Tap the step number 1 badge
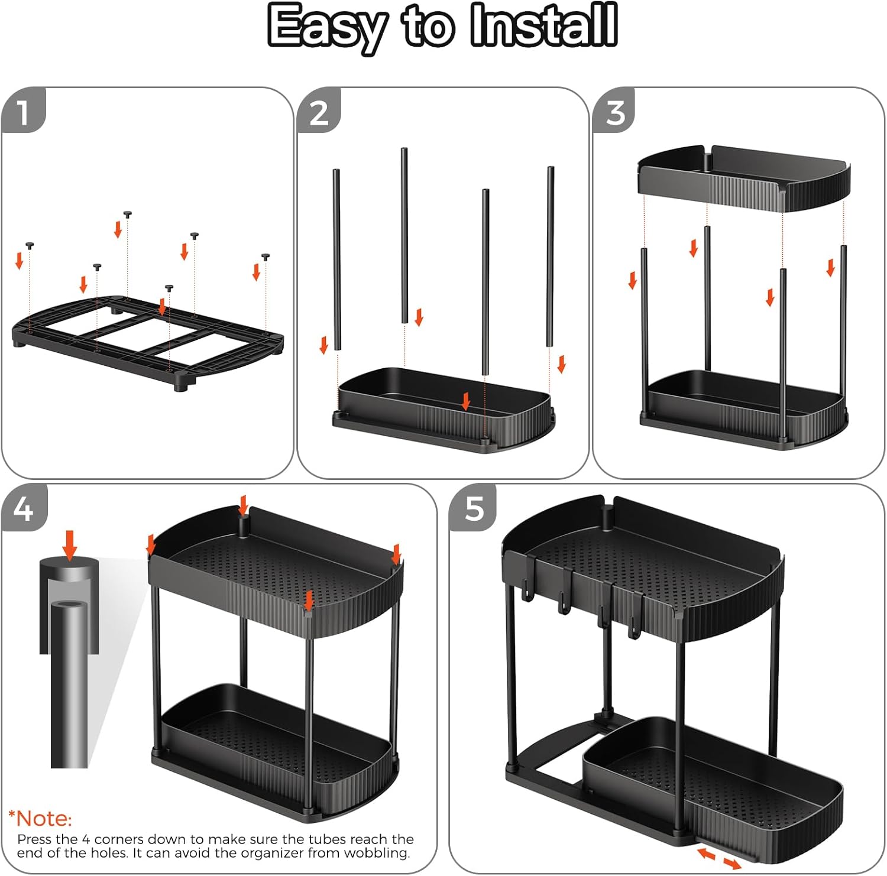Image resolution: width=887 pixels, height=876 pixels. tap(23, 112)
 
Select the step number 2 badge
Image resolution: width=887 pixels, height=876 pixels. tap(319, 112)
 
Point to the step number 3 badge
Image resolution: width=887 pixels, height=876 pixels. tap(615, 112)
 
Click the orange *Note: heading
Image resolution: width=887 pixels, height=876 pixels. tap(40, 819)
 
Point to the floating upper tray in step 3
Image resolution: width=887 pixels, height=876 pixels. tap(744, 177)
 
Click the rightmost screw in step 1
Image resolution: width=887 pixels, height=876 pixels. tap(266, 257)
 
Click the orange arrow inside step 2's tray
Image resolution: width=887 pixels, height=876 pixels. tap(466, 401)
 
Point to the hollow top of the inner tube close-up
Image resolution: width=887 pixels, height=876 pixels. tap(69, 606)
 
